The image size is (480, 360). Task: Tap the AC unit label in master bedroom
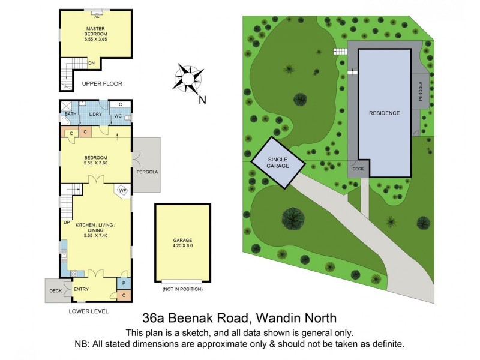coord(96,17)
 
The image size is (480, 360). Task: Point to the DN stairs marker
coord(91,62)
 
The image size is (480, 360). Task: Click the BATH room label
coord(70,114)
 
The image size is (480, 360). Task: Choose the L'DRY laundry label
coord(95,114)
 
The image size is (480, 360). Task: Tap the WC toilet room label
coord(119,115)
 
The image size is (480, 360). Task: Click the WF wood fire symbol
coord(122,191)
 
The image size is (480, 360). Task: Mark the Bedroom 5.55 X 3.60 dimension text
coord(95,163)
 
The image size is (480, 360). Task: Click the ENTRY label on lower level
coord(81,289)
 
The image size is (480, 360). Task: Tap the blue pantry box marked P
coord(124,283)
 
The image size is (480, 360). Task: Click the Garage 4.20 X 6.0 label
coord(183,243)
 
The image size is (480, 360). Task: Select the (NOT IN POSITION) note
coord(182,289)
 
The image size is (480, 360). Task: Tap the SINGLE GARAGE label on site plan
coord(278,162)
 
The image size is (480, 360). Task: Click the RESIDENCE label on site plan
coord(384,113)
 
